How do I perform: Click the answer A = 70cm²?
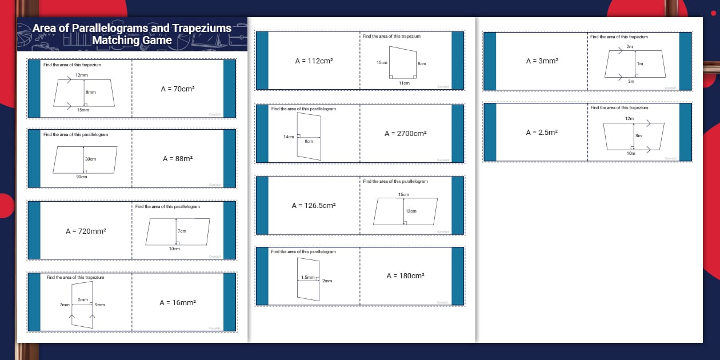click(178, 89)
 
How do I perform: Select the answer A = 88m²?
click(177, 159)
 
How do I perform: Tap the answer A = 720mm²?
click(86, 231)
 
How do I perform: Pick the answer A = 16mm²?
click(178, 303)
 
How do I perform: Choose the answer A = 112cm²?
click(314, 61)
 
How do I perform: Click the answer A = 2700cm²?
click(405, 133)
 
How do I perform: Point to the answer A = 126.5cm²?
click(314, 205)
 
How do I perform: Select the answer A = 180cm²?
click(405, 276)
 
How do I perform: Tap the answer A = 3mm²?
click(542, 61)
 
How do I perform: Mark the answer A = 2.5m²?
click(541, 132)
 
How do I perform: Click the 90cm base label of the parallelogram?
click(82, 177)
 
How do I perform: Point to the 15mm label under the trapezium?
click(83, 110)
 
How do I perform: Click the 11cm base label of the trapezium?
click(404, 83)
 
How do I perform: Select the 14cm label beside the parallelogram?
click(289, 137)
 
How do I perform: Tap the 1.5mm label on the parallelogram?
click(307, 277)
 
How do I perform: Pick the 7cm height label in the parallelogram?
click(182, 231)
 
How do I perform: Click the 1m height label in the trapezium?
click(640, 63)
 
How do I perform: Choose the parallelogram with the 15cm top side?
click(406, 211)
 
